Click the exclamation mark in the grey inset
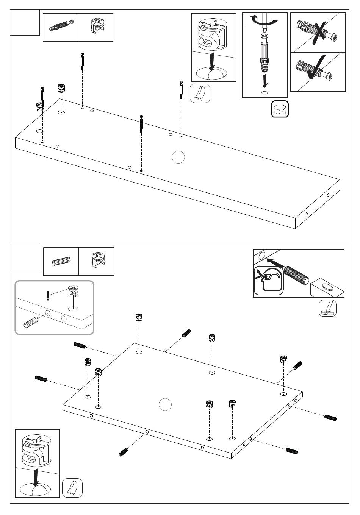click(48, 295)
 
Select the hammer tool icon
click(328, 308)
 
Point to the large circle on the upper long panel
click(178, 157)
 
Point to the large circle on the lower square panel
click(165, 405)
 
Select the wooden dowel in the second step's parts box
click(61, 262)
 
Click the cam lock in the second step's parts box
click(96, 261)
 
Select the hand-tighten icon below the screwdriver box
click(280, 109)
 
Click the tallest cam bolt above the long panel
click(82, 61)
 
